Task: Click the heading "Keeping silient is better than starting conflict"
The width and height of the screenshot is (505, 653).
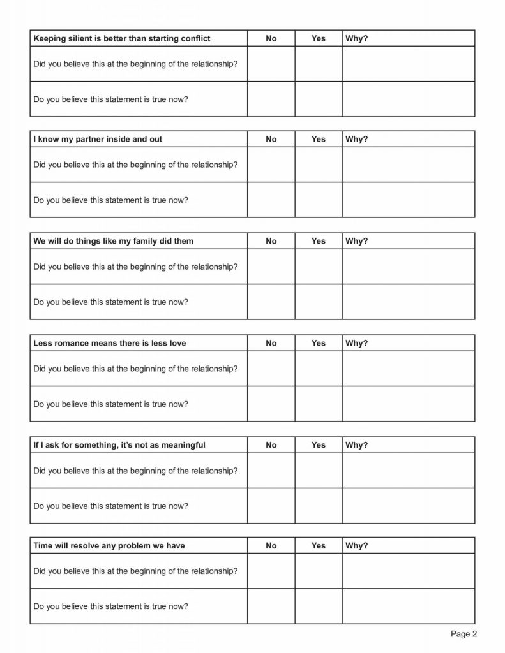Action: [121, 38]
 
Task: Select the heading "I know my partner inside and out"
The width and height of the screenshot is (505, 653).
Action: [98, 139]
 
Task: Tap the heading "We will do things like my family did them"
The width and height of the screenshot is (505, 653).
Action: [113, 241]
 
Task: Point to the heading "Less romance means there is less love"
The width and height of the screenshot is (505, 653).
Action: [109, 343]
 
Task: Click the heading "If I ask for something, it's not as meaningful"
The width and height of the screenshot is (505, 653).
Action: [119, 445]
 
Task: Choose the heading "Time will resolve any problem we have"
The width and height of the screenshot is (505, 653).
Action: [109, 545]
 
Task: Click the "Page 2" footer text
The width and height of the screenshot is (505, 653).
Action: [464, 634]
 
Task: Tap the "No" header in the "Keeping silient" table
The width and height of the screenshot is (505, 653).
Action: [271, 38]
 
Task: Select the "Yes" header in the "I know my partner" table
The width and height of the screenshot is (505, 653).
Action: [318, 139]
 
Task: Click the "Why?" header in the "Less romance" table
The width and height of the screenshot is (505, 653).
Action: [356, 343]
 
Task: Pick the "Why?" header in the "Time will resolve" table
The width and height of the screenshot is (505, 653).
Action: [356, 545]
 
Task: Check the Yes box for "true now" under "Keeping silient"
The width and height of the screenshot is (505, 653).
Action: [319, 99]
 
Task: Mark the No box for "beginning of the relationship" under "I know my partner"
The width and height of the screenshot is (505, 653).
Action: [271, 165]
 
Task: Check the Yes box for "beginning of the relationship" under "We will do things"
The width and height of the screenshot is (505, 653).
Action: [319, 267]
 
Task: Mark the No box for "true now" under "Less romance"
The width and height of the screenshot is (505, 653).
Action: [271, 404]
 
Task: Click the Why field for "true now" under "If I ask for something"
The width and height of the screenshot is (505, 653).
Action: [409, 506]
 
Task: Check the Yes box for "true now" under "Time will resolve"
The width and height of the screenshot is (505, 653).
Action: [319, 606]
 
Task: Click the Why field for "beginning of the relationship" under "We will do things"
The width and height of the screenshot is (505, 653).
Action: [409, 267]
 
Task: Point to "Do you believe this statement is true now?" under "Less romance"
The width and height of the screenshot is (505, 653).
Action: [110, 404]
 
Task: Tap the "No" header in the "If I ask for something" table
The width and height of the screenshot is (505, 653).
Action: [271, 445]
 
